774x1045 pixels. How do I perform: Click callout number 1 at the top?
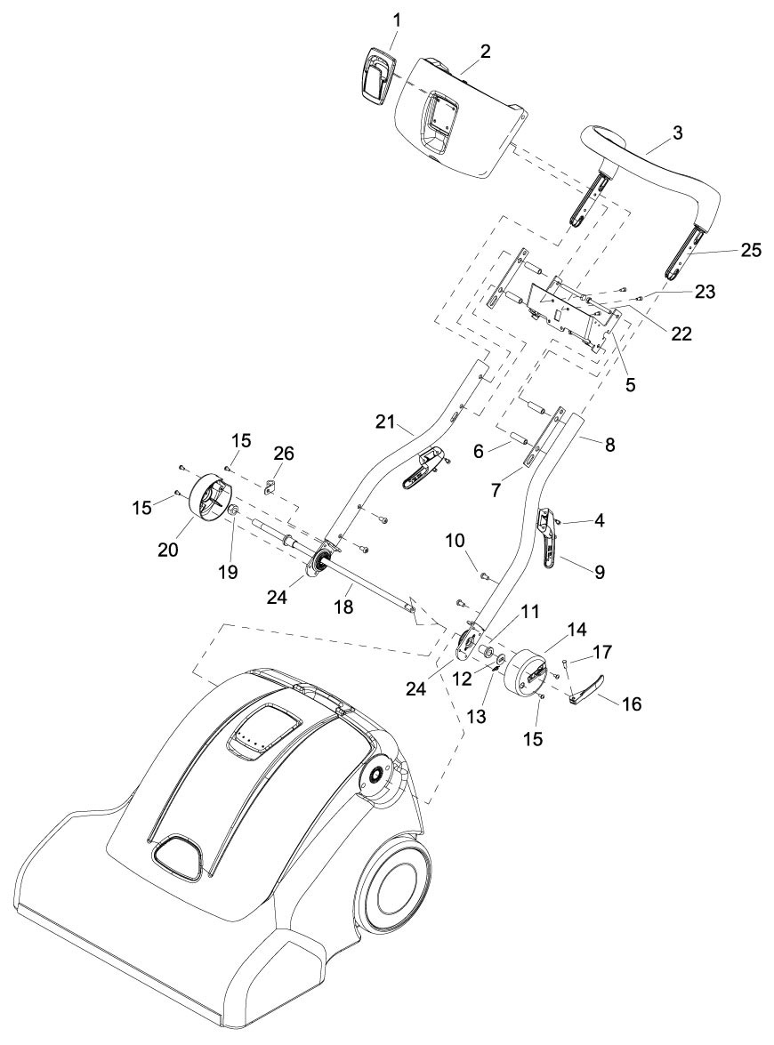(396, 19)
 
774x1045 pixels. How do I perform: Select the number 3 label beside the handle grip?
(678, 133)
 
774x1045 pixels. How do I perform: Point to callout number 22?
(681, 334)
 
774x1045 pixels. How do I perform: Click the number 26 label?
(283, 454)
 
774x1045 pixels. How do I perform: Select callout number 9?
(599, 573)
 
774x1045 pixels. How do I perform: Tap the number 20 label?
(168, 550)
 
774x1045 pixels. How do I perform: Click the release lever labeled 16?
(586, 688)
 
